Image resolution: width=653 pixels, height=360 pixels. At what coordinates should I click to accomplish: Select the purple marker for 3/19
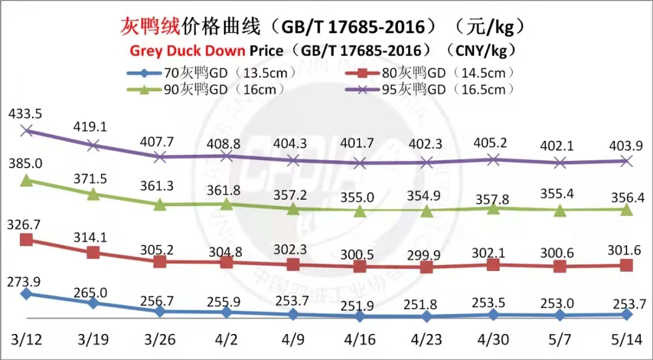click(93, 145)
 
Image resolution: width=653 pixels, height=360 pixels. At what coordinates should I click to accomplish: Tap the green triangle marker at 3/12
click(26, 180)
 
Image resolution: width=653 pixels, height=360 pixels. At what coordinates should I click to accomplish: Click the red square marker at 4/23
click(427, 267)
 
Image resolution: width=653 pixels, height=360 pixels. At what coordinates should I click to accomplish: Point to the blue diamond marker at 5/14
click(627, 314)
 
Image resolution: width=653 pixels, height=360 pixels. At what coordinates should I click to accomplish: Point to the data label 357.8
click(493, 183)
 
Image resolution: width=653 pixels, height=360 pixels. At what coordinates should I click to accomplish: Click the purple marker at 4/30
click(493, 159)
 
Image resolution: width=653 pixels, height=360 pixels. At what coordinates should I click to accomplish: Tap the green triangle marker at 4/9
click(293, 209)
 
